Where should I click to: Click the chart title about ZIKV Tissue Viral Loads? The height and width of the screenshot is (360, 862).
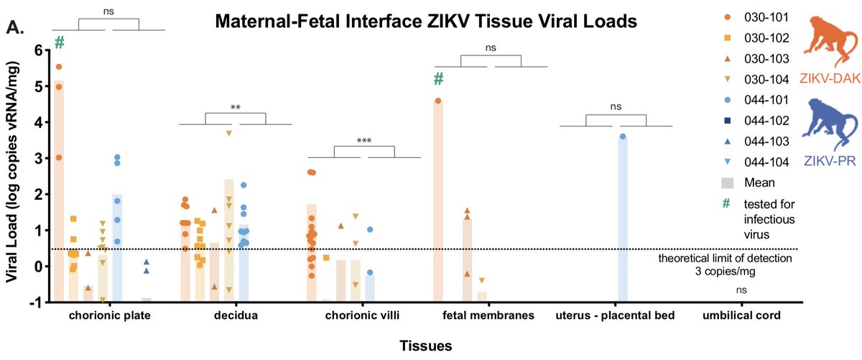point(426,23)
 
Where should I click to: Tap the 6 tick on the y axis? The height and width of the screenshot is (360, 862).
point(36,50)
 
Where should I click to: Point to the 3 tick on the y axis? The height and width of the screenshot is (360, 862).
point(36,158)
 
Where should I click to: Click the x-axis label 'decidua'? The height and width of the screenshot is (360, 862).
point(234,315)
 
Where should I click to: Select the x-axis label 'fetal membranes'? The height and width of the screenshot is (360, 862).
point(488,315)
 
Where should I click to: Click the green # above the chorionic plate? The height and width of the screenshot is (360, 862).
point(60,43)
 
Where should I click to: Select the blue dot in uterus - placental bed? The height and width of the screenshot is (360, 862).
point(623,137)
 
